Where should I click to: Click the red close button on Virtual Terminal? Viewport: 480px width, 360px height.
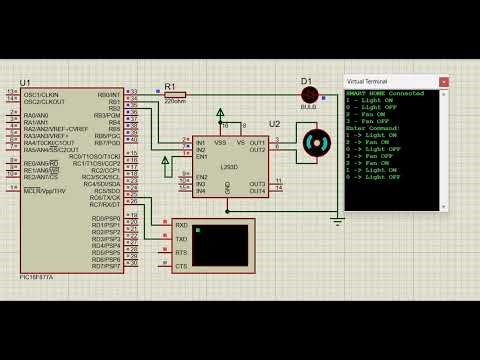[x=443, y=81]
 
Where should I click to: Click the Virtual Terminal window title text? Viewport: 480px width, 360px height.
[x=367, y=81]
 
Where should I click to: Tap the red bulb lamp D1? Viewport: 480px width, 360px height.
[x=309, y=94]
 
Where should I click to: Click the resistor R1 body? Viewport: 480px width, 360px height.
[x=175, y=94]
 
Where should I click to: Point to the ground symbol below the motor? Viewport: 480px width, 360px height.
[x=337, y=219]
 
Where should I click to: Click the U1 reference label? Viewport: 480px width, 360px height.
[x=25, y=82]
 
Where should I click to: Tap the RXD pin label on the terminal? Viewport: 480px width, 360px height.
[x=181, y=226]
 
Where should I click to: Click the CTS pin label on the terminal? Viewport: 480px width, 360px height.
[x=181, y=266]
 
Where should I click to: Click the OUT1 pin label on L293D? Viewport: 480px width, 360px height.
[x=257, y=142]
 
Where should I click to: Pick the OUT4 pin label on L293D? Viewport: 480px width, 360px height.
[x=257, y=190]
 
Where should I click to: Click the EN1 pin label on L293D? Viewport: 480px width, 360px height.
[x=202, y=156]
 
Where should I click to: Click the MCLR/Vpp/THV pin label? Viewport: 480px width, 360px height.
[x=45, y=191]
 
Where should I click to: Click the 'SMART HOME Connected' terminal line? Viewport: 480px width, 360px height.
[x=385, y=93]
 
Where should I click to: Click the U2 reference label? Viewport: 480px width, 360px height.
[x=275, y=124]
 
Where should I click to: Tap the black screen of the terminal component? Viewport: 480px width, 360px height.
[x=219, y=245]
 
